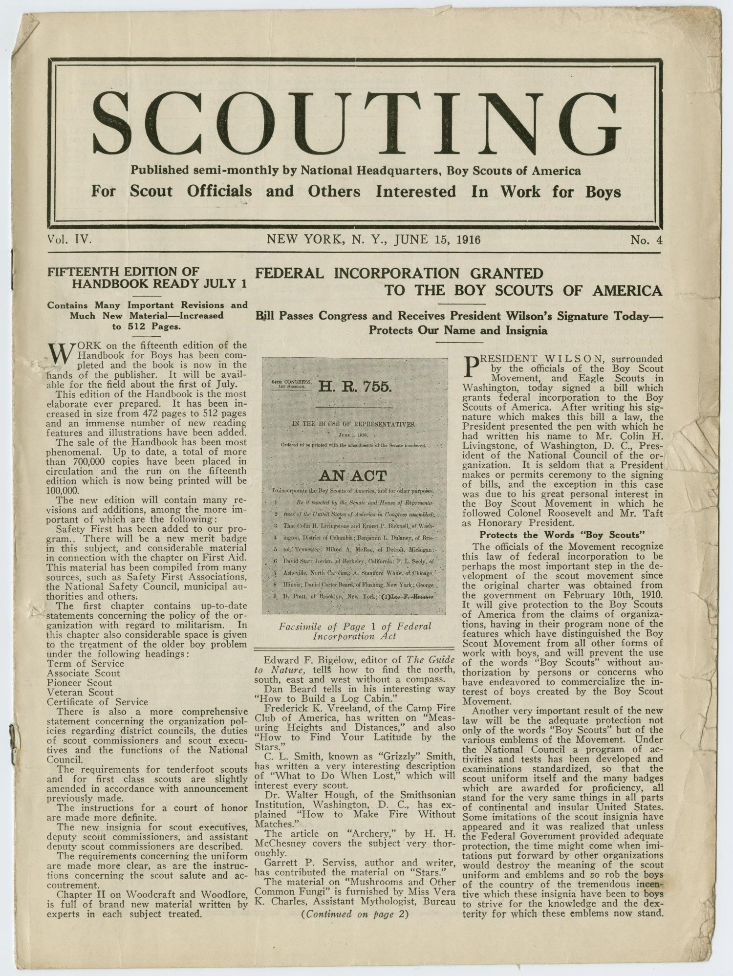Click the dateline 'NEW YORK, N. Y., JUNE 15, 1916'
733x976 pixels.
click(373, 239)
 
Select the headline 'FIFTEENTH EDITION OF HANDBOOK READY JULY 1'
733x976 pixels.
click(147, 278)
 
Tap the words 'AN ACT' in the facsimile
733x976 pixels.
click(353, 476)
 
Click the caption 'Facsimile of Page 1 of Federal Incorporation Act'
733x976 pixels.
click(355, 631)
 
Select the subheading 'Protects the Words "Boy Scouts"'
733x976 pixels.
click(562, 535)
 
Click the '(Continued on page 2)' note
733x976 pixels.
click(355, 914)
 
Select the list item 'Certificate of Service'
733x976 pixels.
click(97, 702)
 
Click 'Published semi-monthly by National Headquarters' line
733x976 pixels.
click(355, 171)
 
